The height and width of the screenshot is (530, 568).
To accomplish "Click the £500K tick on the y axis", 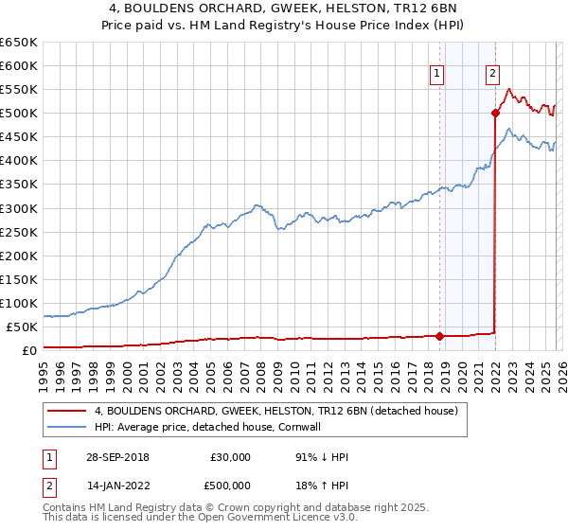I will (x=19, y=114).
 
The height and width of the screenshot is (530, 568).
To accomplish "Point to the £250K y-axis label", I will (x=19, y=232).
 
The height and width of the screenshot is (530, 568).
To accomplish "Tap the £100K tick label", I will (x=19, y=303).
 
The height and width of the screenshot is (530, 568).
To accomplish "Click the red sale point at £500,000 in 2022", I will (x=495, y=114).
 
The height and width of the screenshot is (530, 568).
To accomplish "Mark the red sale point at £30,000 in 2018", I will (x=440, y=335).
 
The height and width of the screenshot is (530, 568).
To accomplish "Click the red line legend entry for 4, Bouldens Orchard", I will (x=275, y=411).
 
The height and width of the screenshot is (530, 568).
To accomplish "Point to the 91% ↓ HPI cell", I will (x=322, y=457).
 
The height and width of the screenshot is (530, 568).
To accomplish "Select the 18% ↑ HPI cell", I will (x=322, y=487).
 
